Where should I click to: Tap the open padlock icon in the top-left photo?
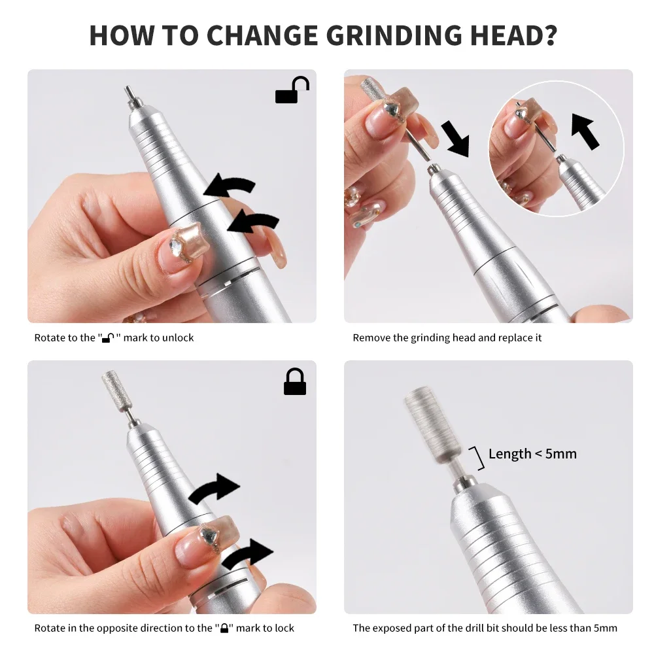pyautogui.click(x=292, y=91)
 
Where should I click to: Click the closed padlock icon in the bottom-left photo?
pyautogui.click(x=295, y=382)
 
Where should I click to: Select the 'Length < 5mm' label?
pyautogui.click(x=532, y=454)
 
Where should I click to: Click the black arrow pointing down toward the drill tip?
pyautogui.click(x=456, y=138)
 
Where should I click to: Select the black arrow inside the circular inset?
pyautogui.click(x=585, y=131)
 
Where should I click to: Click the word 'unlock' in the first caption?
pyautogui.click(x=179, y=338)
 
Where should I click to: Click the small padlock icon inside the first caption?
pyautogui.click(x=108, y=339)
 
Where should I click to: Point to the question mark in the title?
pyautogui.click(x=548, y=35)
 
